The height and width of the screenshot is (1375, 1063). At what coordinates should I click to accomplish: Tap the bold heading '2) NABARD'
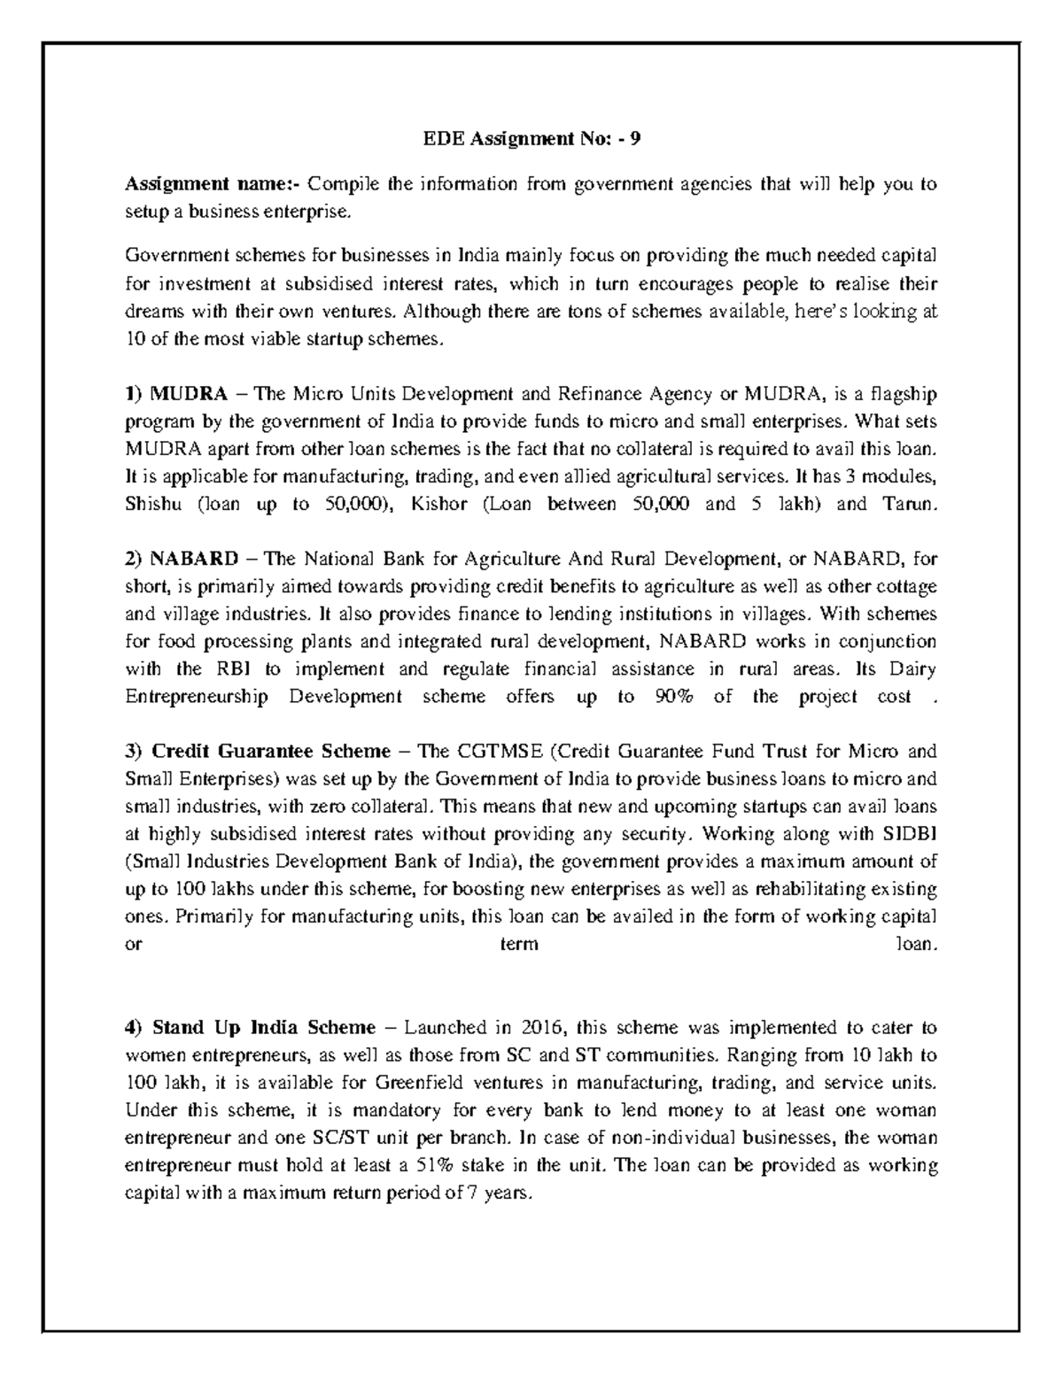pos(182,559)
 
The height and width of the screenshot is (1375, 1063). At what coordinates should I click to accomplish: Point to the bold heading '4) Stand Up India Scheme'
pos(251,1028)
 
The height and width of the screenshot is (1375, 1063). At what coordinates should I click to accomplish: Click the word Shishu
pos(152,505)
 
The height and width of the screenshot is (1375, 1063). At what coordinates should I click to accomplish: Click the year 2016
pos(541,1028)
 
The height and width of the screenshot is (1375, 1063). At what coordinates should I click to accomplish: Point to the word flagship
pos(904,393)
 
